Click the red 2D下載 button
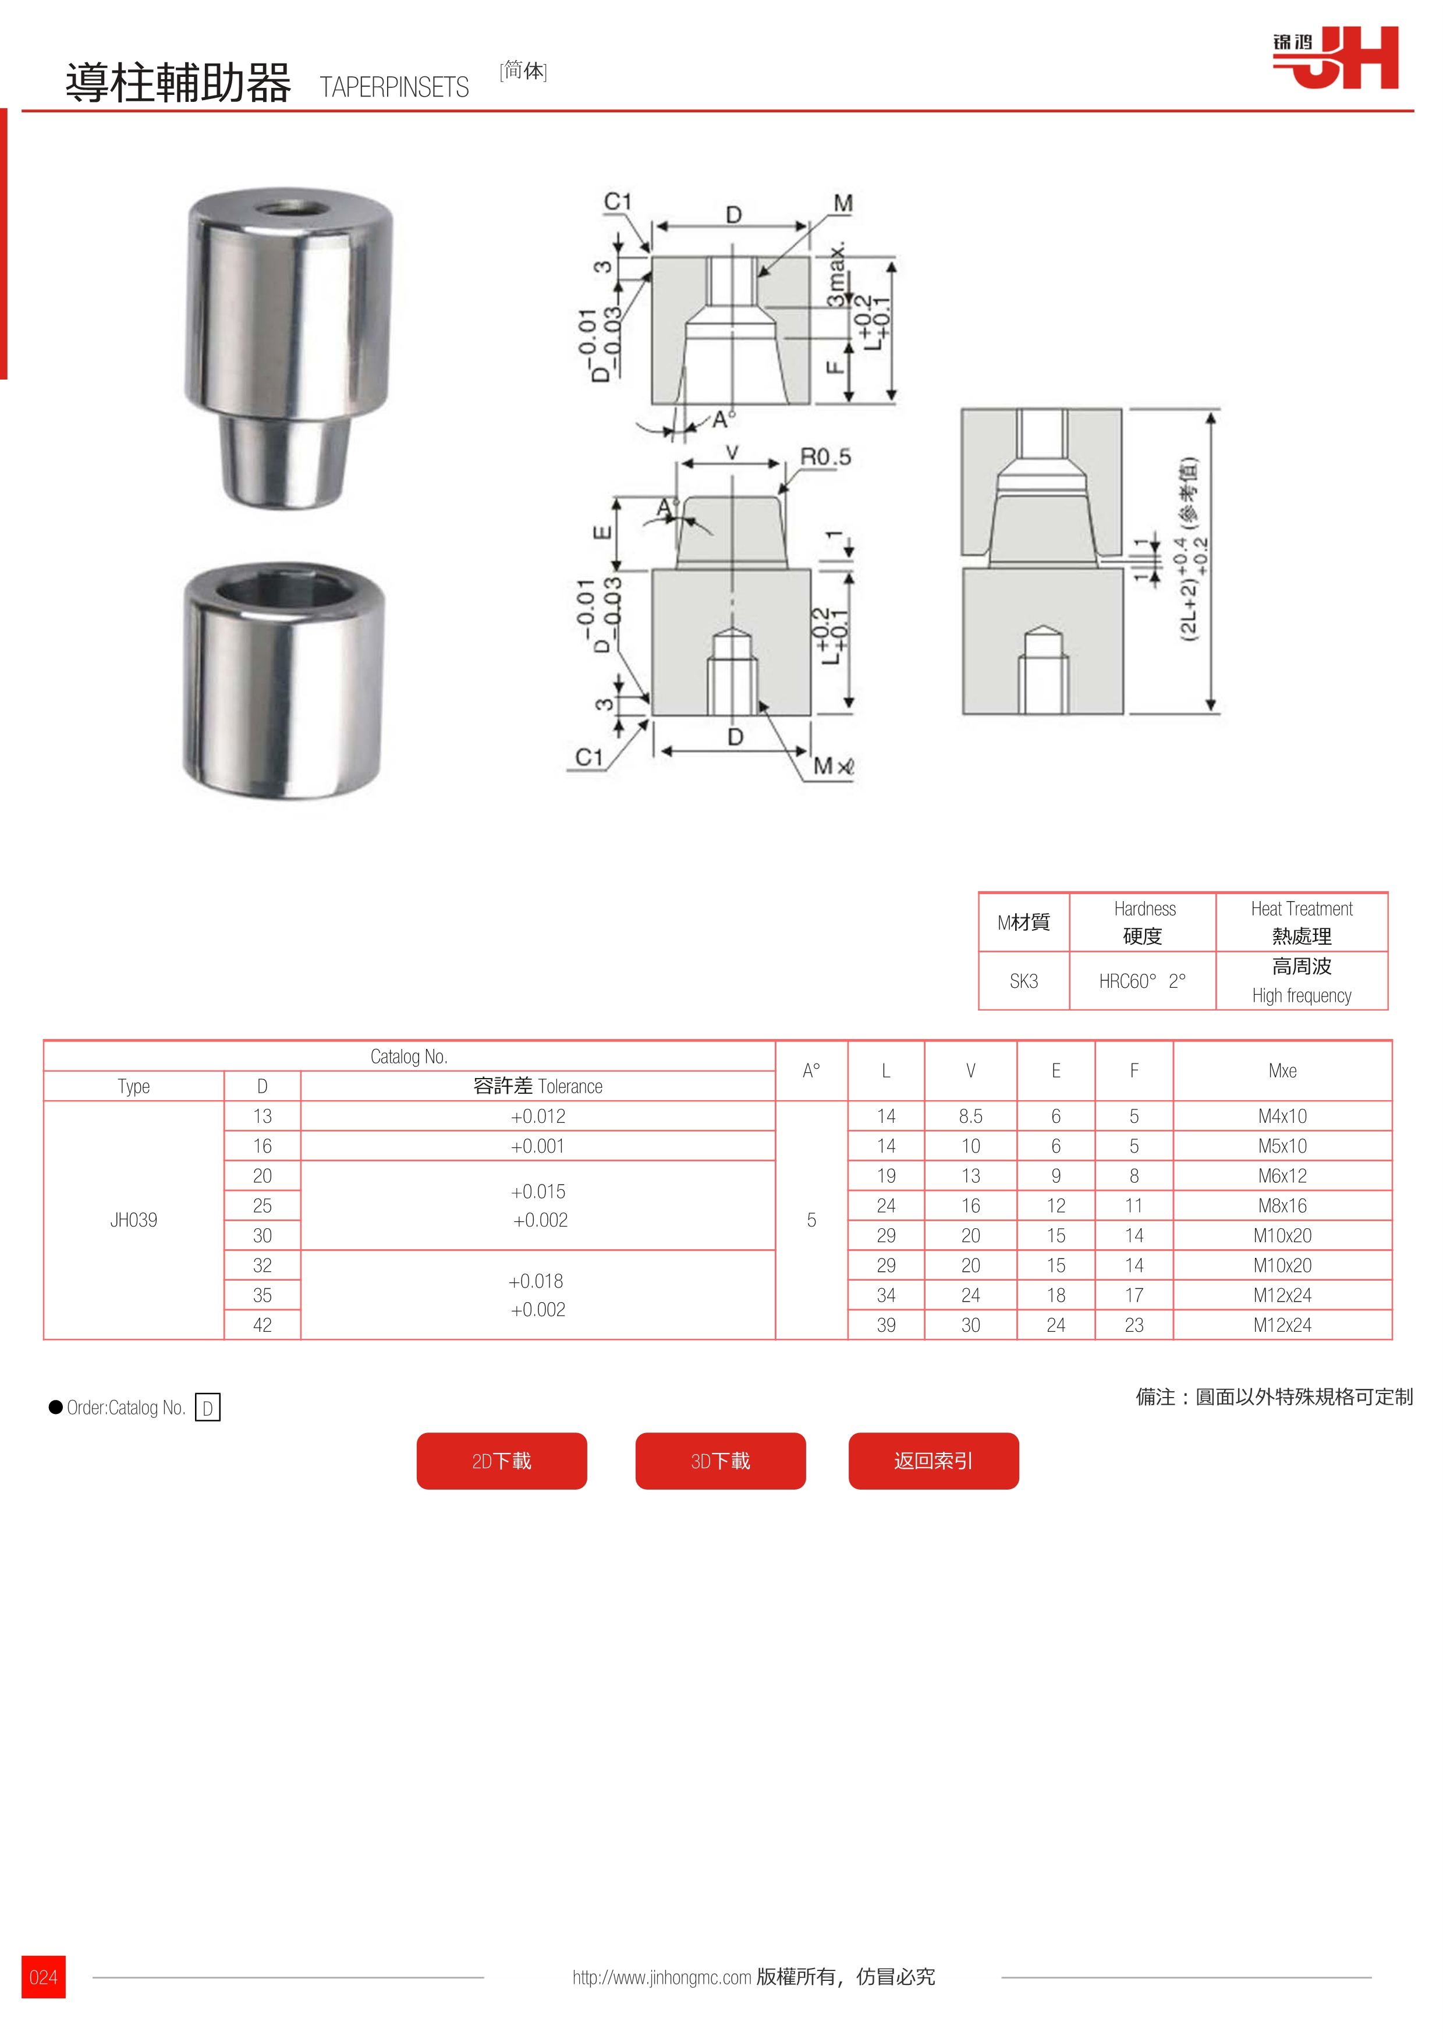point(501,1460)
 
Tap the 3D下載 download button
point(720,1460)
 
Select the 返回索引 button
point(934,1460)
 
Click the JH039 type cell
point(133,1219)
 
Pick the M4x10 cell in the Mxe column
point(1282,1116)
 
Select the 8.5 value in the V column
point(971,1116)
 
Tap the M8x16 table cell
point(1282,1205)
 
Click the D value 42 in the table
point(263,1324)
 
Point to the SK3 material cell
point(1023,981)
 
